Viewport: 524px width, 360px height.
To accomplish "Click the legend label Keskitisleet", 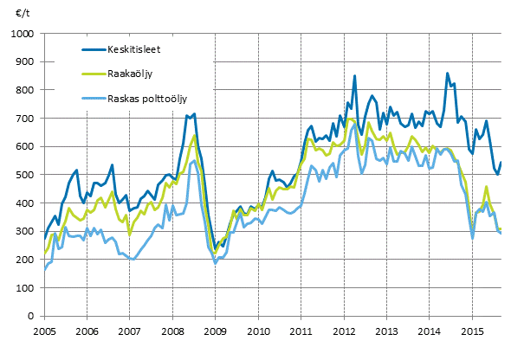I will (133, 49).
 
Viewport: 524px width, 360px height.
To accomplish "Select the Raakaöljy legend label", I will (127, 74).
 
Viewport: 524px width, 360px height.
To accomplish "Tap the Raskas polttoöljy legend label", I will (145, 100).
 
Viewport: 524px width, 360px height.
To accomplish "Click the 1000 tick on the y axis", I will (23, 34).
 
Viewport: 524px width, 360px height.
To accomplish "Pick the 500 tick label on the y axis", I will (26, 175).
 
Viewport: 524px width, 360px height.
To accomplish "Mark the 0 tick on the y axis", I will (33, 316).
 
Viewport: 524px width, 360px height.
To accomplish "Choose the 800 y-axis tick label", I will (26, 90).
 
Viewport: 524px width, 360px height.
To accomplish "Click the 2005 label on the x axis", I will (44, 331).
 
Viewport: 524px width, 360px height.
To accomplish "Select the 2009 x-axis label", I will (215, 331).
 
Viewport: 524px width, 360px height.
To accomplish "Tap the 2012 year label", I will (343, 331).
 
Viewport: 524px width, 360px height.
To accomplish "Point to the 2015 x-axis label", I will (471, 331).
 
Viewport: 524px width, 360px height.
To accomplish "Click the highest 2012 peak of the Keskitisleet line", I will (355, 76).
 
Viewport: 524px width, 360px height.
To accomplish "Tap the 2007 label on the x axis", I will (129, 331).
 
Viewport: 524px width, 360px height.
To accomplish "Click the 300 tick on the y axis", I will (26, 231).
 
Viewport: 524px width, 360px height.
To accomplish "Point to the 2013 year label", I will (385, 331).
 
